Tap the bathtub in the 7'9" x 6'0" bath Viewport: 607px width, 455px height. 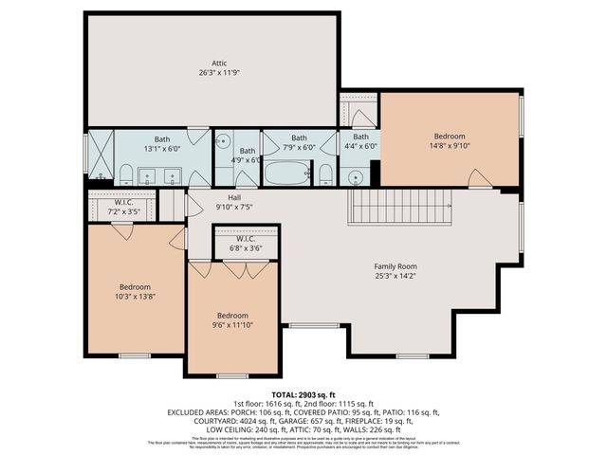tap(286, 173)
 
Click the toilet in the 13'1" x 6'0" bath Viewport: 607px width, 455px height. tap(126, 173)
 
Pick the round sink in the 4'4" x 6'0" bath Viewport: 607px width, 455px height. tap(356, 176)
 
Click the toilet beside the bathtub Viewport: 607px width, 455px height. tap(325, 174)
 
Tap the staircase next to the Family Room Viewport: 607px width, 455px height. tap(398, 206)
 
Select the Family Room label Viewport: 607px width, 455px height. tap(395, 266)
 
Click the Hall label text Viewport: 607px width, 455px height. tap(233, 197)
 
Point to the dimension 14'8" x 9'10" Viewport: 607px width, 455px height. tap(450, 146)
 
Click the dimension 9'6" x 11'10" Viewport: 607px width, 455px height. tap(232, 325)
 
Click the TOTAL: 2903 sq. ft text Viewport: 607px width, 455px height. tap(303, 394)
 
